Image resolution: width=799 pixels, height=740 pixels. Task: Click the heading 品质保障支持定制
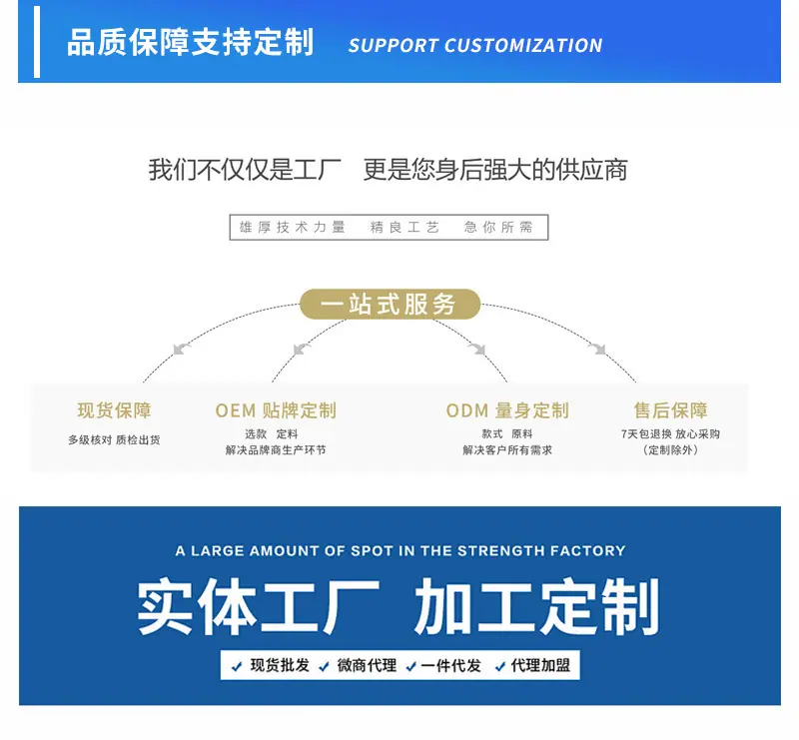point(190,42)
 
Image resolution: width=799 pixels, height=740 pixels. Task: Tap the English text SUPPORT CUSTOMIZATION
point(475,46)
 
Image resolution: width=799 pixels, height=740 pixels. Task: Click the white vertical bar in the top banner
point(37,42)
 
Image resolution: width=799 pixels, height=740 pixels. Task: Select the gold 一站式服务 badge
point(390,305)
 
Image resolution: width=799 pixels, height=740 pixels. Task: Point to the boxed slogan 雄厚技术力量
point(293,227)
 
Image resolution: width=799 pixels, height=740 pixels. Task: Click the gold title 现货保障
point(114,410)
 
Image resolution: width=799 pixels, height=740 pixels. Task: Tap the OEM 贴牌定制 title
point(276,410)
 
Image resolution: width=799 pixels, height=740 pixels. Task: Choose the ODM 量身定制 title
point(507,410)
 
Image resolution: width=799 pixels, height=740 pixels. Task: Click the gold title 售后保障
point(670,410)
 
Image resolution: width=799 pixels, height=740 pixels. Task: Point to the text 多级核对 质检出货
point(114,439)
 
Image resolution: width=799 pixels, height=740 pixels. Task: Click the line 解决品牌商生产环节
point(276,450)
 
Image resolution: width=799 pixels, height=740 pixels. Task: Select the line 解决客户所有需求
point(507,450)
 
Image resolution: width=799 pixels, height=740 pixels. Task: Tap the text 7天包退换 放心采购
point(670,434)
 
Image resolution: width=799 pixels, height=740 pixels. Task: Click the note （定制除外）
point(670,450)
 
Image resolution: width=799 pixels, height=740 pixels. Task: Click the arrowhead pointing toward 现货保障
point(180,350)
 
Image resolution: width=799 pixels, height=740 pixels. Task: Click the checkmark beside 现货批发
point(237,666)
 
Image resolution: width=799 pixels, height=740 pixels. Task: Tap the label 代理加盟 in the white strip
point(540,665)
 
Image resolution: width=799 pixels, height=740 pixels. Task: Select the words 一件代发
point(451,665)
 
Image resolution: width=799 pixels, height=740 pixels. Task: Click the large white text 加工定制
point(537,606)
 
